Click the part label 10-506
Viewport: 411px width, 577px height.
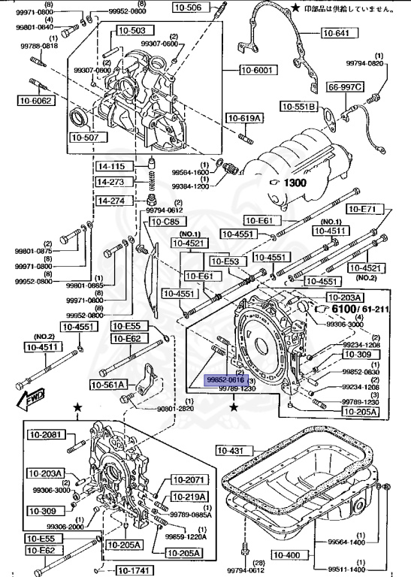pos(189,8)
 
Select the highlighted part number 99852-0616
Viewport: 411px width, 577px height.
pos(226,381)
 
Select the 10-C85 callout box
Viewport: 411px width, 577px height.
pos(165,222)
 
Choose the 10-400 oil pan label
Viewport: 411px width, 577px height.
pos(286,555)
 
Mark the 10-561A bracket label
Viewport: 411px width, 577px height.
pos(110,385)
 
